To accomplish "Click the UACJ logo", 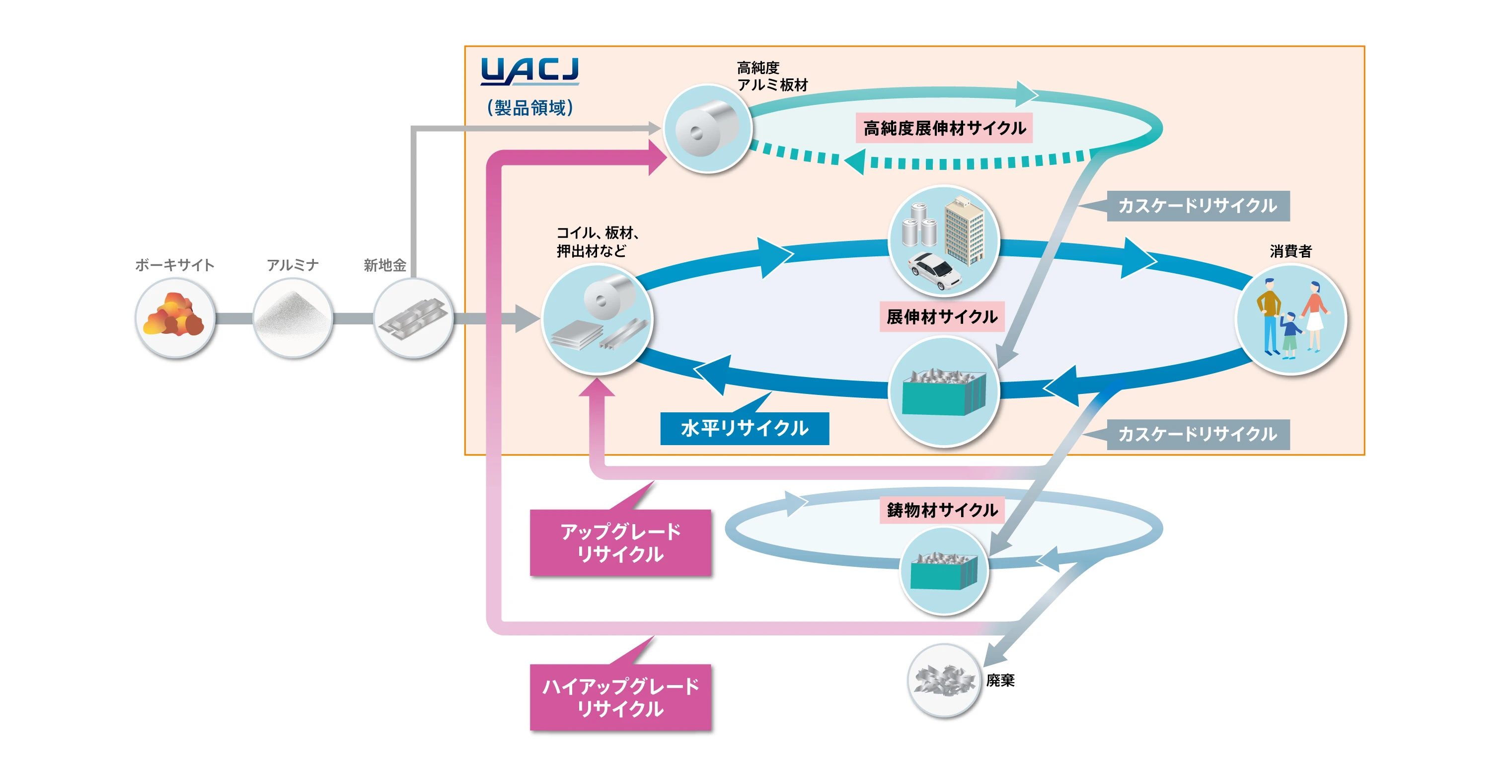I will click(529, 72).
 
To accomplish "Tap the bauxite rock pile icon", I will click(174, 317).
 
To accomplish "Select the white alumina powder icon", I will click(292, 317).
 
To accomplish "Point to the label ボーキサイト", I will click(174, 265).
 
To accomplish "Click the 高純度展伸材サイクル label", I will click(944, 128).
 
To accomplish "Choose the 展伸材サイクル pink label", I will click(941, 317).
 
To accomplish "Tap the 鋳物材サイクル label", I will click(942, 510).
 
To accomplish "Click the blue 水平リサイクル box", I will click(744, 428).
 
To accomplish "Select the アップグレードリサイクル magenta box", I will click(620, 542).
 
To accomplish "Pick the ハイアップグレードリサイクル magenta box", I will click(620, 697).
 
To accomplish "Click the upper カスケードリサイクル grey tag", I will click(1198, 206).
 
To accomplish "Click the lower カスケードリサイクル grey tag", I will click(1198, 434).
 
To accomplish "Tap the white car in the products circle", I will click(934, 271).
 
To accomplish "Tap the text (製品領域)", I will click(530, 108).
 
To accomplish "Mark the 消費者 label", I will click(1290, 251).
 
